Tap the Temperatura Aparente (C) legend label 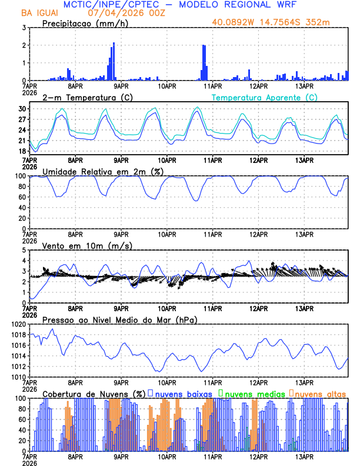pyautogui.click(x=265, y=97)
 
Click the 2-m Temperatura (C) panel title pyautogui.click(x=81, y=97)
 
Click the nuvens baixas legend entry pyautogui.click(x=178, y=393)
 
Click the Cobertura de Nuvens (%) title pyautogui.click(x=94, y=393)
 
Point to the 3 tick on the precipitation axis pyautogui.click(x=24, y=28)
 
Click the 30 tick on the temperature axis pyautogui.click(x=21, y=109)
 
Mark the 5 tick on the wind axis pyautogui.click(x=24, y=250)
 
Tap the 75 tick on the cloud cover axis pyautogui.click(x=21, y=411)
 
